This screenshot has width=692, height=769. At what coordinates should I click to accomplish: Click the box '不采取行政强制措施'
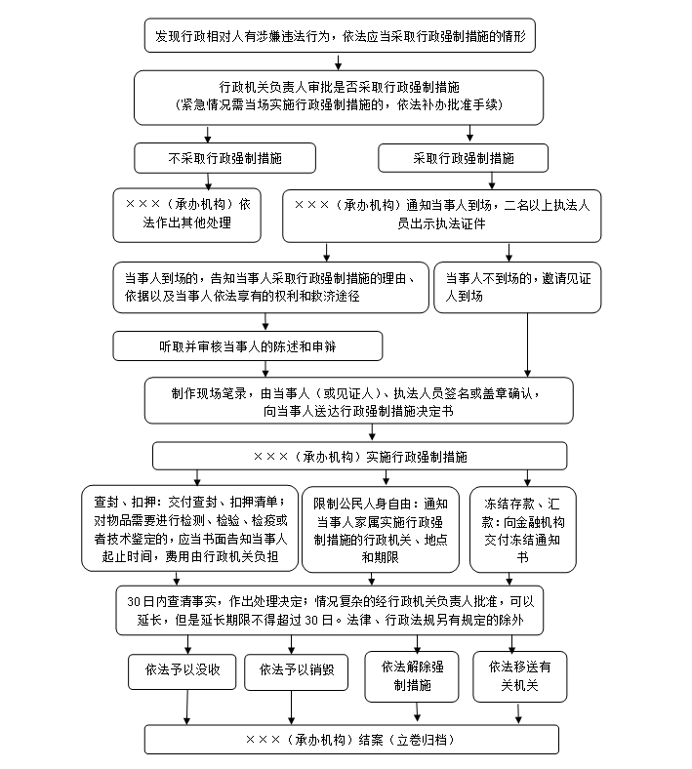point(224,158)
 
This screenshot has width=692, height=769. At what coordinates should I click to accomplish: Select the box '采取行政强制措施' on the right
point(463,158)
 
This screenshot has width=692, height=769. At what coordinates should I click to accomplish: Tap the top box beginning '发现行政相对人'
point(340,35)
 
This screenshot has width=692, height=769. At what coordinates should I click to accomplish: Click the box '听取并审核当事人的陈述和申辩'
point(248,346)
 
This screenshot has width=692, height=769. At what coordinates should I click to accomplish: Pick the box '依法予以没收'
point(182,671)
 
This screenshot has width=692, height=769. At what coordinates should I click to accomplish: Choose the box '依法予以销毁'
point(296,671)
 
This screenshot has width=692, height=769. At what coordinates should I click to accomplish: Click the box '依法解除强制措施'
point(412,676)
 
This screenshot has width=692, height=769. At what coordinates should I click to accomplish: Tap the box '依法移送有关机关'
point(520,676)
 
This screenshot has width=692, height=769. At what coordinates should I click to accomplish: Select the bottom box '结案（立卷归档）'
point(351,739)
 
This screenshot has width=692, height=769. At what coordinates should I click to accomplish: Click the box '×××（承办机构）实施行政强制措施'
point(359,456)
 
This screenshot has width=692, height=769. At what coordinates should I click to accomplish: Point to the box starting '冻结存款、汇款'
point(523,529)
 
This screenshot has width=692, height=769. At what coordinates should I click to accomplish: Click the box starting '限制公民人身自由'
point(381,529)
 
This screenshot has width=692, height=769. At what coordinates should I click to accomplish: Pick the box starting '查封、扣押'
point(189,529)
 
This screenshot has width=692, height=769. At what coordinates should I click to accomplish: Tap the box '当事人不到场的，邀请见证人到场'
point(517,287)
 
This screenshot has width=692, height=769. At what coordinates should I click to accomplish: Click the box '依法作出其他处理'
point(186,216)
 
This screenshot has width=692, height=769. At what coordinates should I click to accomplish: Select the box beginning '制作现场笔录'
point(358,401)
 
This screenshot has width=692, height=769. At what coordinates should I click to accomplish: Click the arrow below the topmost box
point(338,61)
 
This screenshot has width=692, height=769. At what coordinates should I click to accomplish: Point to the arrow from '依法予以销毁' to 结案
point(291,708)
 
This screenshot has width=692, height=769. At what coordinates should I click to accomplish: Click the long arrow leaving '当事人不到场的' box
point(528,345)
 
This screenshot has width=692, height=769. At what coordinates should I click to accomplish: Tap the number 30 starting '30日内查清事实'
point(134,602)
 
